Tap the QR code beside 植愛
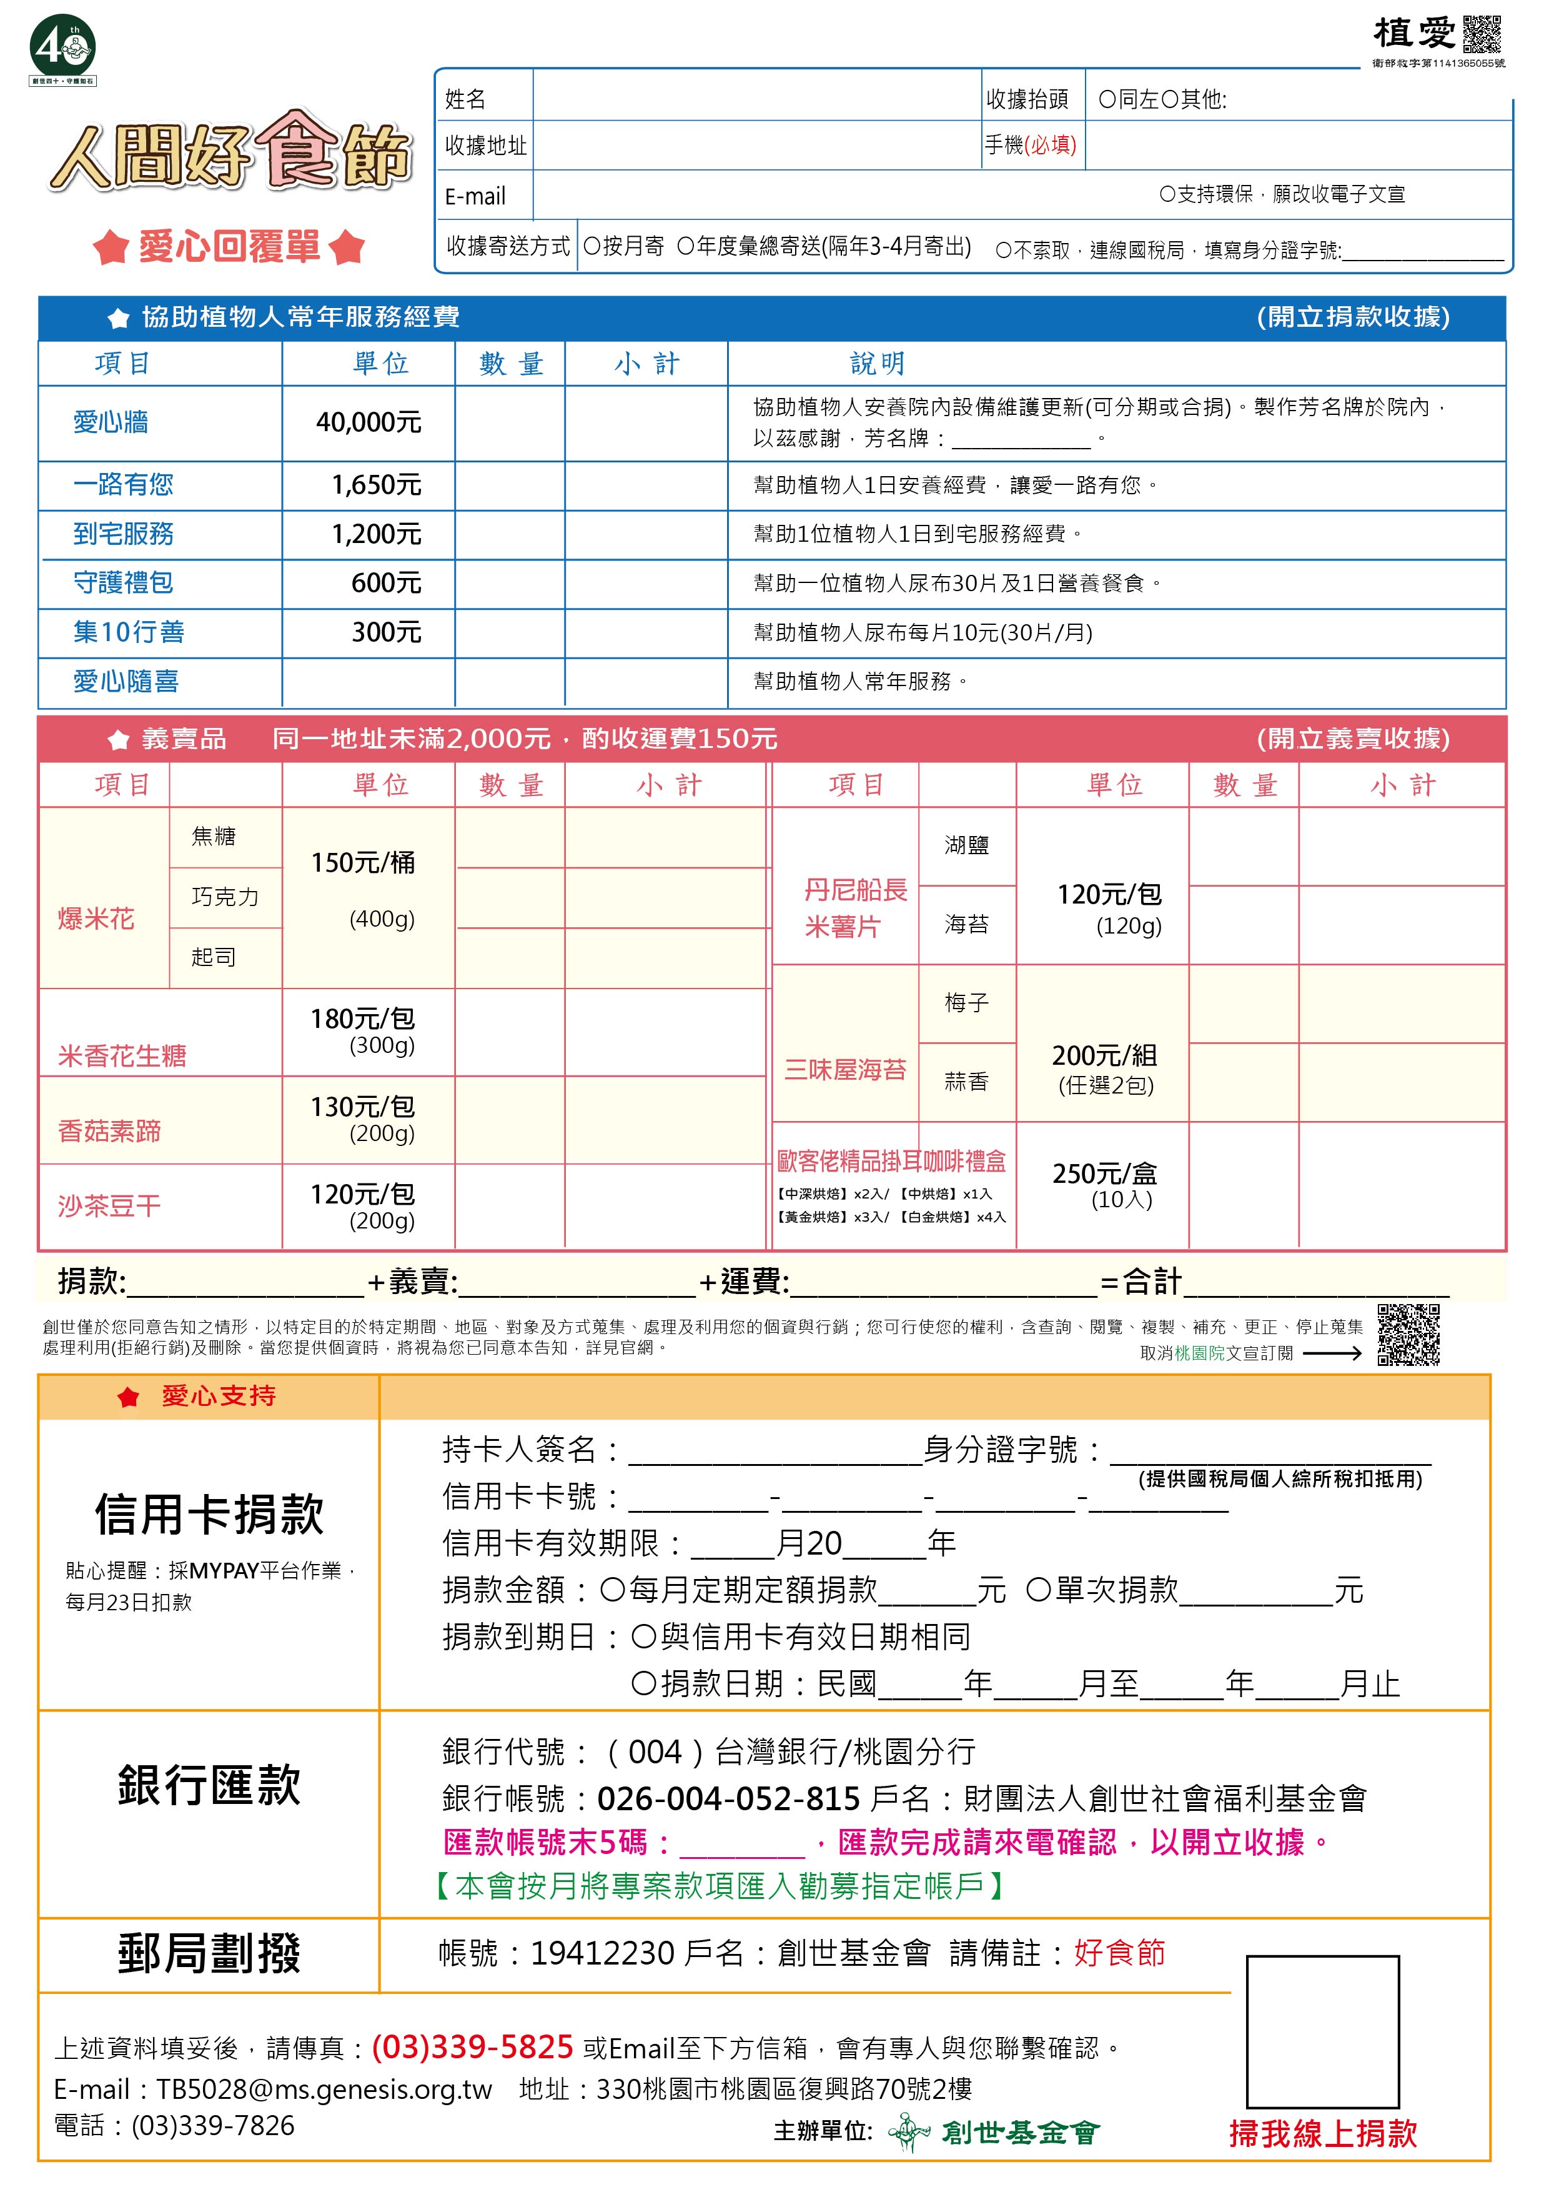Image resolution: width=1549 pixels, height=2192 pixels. coord(1482,36)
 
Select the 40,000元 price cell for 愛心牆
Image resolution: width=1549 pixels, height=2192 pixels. coord(369,423)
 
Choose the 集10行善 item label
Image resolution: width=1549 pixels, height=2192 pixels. coord(129,632)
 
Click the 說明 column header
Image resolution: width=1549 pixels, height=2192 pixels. coord(877,364)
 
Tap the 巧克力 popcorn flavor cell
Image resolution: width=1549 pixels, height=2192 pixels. coord(225,897)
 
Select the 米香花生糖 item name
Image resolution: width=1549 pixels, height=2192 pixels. coord(122,1056)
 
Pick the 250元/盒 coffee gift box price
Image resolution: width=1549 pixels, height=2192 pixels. coord(1104,1174)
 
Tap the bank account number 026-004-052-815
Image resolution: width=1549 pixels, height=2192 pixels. coord(728,1800)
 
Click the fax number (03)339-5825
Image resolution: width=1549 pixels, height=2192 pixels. coord(472,2047)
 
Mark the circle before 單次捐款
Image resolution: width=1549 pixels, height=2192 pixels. coord(1039,1590)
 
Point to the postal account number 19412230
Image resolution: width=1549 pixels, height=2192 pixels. coord(602,1953)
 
